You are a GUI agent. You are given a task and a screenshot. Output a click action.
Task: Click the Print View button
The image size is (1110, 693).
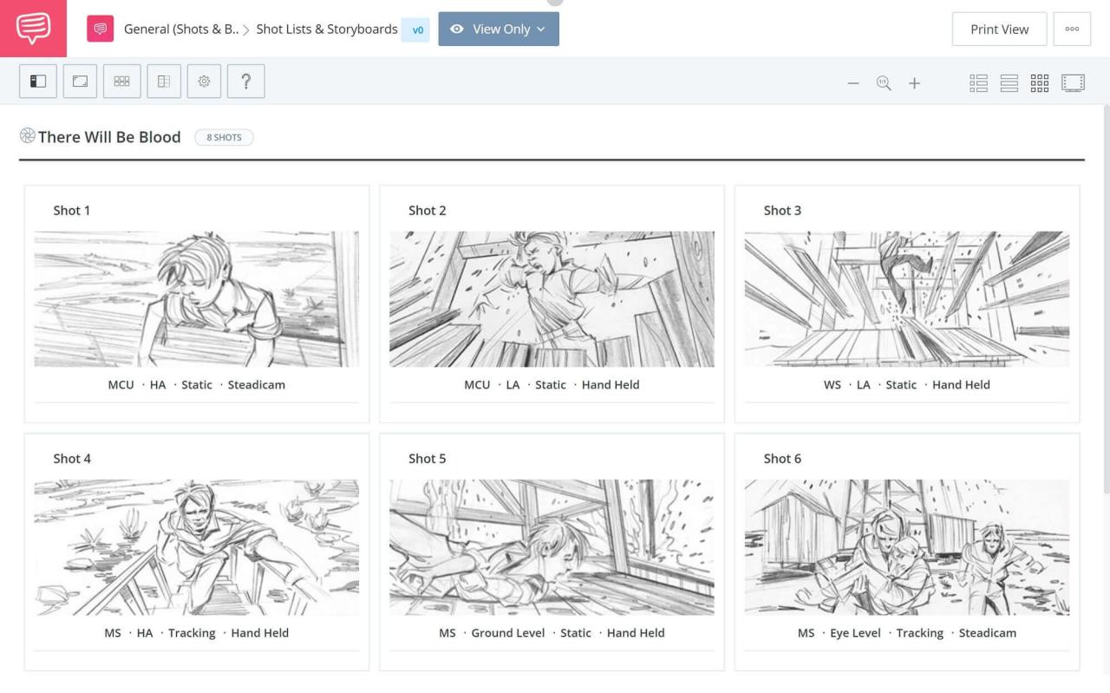(x=999, y=29)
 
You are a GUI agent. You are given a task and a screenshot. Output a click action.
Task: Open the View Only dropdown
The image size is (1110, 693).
(x=499, y=29)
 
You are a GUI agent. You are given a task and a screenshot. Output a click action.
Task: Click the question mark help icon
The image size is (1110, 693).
(x=246, y=82)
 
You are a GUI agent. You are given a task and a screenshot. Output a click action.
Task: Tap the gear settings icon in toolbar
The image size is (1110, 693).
(x=204, y=82)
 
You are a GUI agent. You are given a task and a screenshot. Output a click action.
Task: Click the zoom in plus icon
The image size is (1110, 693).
(x=914, y=83)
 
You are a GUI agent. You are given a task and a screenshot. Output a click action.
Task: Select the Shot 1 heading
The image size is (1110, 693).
(x=72, y=210)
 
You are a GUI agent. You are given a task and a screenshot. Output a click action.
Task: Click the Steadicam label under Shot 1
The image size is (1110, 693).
(x=256, y=384)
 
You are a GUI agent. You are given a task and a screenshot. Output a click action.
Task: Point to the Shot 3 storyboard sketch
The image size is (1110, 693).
(x=906, y=298)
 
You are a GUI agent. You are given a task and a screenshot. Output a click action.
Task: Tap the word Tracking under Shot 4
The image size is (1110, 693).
(x=192, y=632)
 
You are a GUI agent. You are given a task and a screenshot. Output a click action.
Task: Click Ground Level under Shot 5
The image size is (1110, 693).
(x=508, y=632)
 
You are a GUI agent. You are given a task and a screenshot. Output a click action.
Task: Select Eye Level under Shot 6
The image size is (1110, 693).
(x=855, y=632)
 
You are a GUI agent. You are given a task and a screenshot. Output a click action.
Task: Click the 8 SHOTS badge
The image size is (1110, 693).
(x=224, y=137)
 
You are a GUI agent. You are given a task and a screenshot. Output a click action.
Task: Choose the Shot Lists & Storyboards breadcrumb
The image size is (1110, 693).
(x=327, y=29)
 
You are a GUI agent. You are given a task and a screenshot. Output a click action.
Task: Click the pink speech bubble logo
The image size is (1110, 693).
(x=33, y=29)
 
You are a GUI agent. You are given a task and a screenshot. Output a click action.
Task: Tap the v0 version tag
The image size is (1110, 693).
(x=416, y=29)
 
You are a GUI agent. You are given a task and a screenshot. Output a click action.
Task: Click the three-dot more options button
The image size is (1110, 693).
(x=1072, y=29)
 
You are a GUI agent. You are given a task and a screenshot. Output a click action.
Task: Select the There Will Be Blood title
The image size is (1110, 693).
(x=109, y=137)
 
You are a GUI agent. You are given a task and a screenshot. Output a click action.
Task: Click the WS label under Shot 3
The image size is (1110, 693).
(x=832, y=384)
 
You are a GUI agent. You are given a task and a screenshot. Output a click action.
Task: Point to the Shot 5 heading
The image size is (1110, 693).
(x=428, y=458)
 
